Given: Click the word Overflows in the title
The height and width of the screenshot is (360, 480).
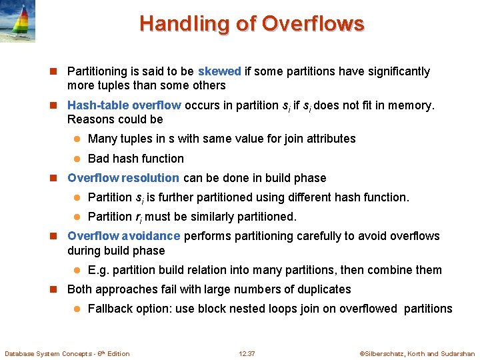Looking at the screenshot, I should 313,24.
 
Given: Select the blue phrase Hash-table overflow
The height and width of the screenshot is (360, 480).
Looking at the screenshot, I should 124,105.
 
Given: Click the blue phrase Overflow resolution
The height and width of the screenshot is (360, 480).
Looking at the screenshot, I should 123,178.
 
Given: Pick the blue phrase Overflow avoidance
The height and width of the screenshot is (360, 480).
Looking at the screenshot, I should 123,236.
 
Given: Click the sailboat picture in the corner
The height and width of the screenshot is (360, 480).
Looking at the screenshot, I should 18,21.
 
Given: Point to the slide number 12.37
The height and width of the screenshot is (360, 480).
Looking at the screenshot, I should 247,353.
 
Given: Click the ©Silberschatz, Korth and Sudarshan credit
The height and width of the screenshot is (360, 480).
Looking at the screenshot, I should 417,353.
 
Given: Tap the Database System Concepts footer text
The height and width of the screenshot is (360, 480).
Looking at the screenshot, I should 67,353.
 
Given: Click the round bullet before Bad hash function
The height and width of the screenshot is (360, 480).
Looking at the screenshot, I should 77,159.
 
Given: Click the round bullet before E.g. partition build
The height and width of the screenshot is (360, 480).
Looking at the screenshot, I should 77,270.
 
